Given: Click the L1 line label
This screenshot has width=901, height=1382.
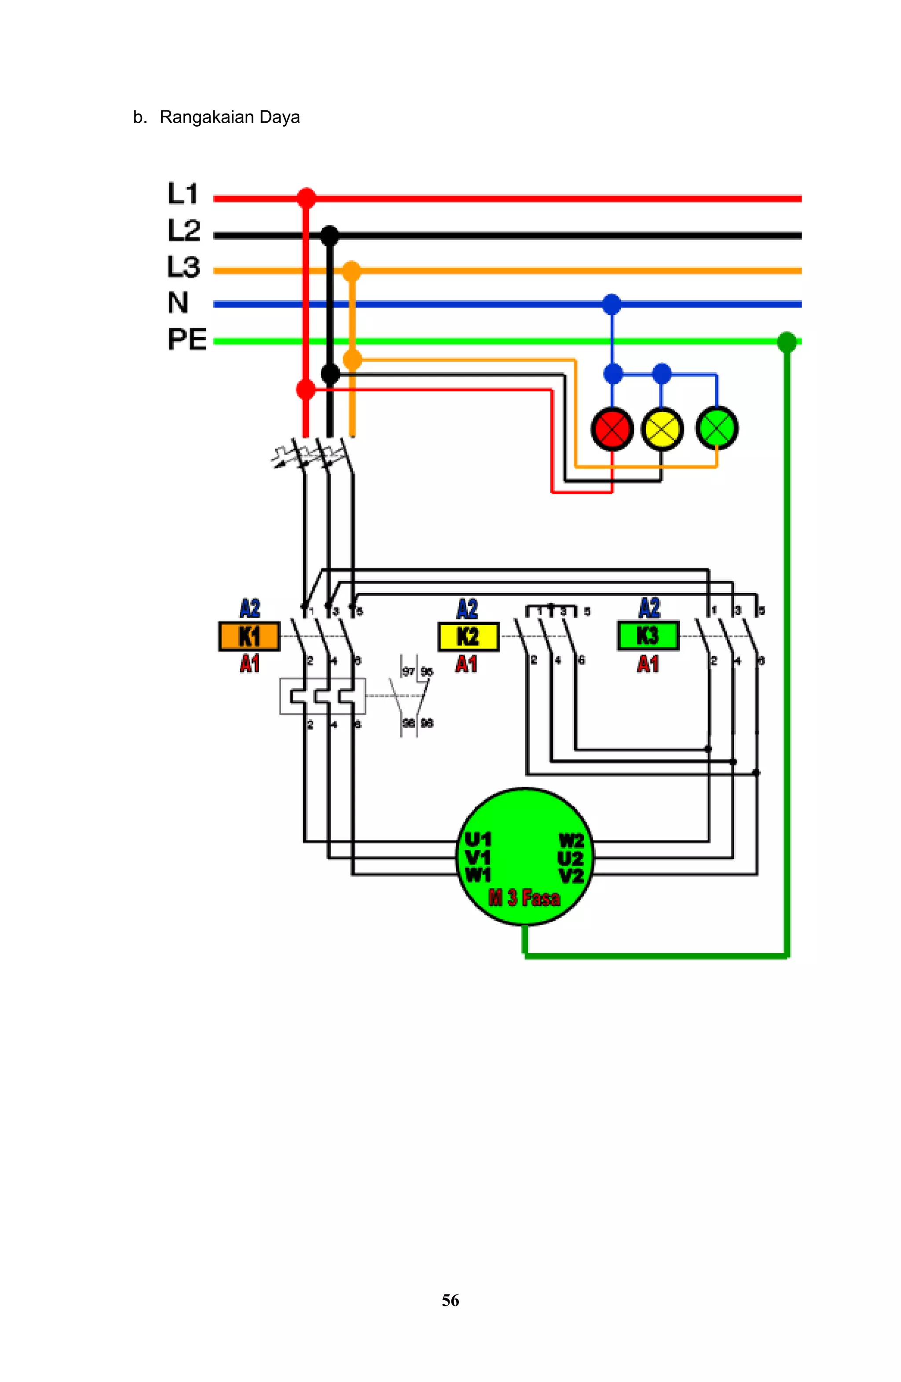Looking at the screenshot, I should (183, 193).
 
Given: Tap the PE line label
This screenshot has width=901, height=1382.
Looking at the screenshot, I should (187, 339).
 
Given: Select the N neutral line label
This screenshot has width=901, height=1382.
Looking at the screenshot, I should (178, 303).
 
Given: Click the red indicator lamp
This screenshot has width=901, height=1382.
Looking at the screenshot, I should (612, 429).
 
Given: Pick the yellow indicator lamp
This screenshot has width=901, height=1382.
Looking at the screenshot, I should (662, 429).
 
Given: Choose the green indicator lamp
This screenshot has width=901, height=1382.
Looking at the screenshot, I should (716, 429).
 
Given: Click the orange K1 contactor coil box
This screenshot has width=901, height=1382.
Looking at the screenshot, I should (249, 636).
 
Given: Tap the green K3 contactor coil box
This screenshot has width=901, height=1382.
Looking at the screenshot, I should (648, 636).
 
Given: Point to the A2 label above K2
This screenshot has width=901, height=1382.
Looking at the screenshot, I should (467, 609).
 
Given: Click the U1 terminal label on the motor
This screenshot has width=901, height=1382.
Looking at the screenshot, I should (477, 839).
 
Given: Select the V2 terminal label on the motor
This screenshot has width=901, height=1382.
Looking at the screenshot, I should (571, 875).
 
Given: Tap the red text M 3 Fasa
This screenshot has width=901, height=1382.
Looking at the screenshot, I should (524, 898).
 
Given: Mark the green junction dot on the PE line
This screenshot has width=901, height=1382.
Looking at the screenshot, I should (787, 342).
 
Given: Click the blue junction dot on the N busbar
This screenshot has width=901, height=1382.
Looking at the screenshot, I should (611, 304).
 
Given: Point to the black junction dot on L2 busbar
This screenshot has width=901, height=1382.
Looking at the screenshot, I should (330, 236).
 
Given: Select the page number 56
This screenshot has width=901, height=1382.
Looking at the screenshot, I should (450, 1300).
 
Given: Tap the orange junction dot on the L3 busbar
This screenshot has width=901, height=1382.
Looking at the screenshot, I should (352, 270).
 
